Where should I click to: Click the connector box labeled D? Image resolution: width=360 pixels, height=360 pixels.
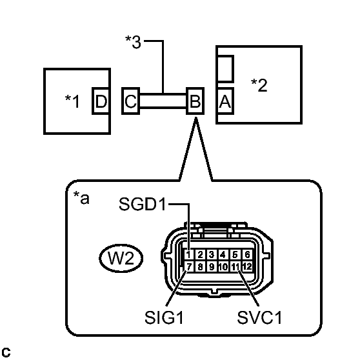tap(101, 101)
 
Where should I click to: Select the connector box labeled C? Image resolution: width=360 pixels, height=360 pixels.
tap(130, 101)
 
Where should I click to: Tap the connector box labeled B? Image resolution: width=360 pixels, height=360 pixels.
tap(194, 101)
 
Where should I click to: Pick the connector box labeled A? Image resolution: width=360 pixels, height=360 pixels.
tap(225, 101)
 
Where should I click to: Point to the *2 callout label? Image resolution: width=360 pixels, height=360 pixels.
tap(259, 85)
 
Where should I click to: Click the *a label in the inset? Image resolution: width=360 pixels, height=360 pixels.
tap(81, 198)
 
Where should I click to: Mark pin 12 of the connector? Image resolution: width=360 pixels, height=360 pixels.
tap(246, 266)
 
